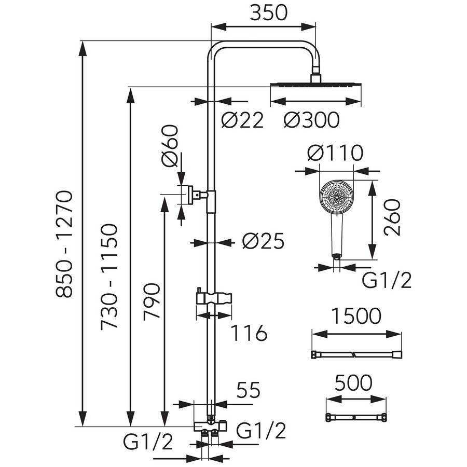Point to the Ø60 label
[170, 146]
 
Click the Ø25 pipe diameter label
[264, 241]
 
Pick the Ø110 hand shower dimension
[334, 154]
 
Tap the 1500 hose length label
[356, 315]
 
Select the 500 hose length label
[353, 383]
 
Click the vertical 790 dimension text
[150, 304]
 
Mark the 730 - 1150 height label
[110, 277]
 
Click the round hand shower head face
[337, 197]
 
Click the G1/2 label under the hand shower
[387, 281]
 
